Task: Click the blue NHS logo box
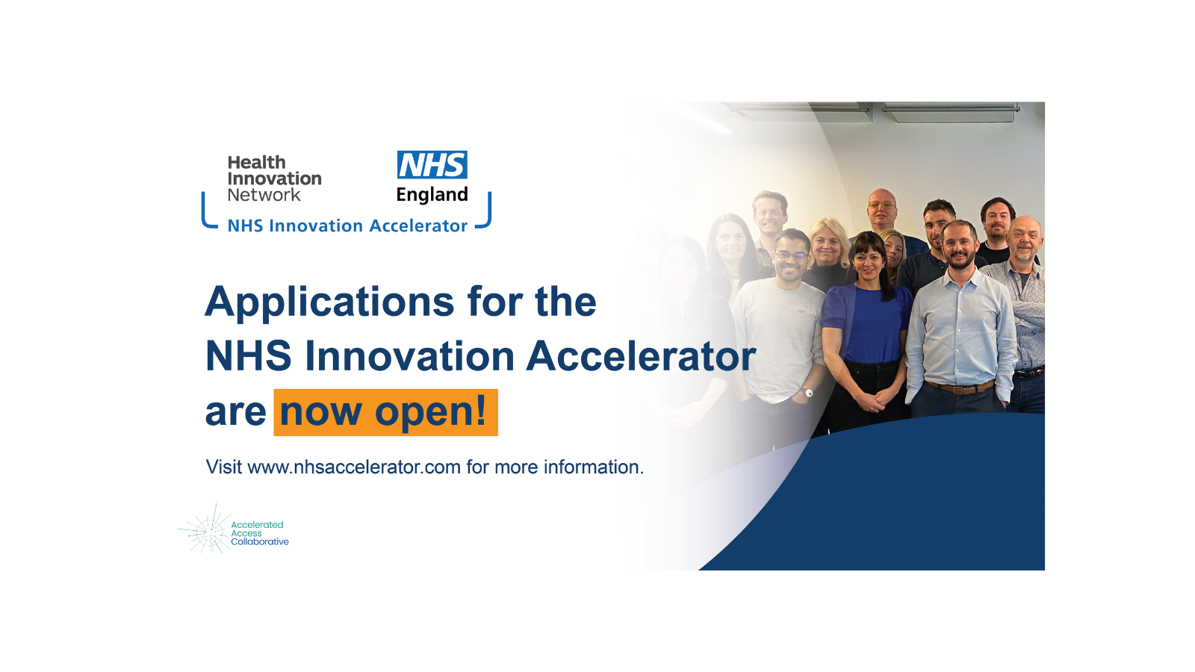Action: pos(432,164)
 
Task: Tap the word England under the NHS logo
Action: pos(432,195)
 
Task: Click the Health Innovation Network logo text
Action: pos(274,178)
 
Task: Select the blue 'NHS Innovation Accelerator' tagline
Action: pos(347,225)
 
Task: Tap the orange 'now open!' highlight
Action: pos(385,412)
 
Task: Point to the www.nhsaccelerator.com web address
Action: pos(354,467)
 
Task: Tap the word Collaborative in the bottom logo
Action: pos(260,542)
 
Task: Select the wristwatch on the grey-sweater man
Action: pos(809,393)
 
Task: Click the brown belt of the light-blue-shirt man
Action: pos(960,388)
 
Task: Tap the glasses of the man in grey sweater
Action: pos(790,256)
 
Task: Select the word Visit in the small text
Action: pos(224,467)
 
